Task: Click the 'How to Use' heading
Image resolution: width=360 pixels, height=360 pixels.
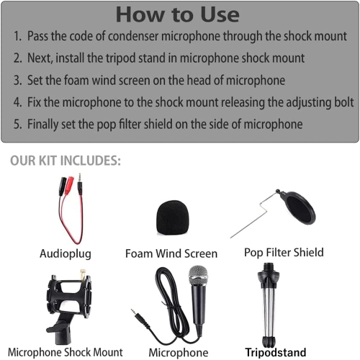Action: click(x=179, y=14)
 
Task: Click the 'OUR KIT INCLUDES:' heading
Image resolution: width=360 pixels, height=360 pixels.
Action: click(x=66, y=160)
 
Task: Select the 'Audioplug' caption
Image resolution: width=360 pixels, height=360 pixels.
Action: click(x=66, y=253)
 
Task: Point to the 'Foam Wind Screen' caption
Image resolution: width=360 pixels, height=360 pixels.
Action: click(x=171, y=253)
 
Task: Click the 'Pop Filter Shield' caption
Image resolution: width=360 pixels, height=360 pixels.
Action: click(x=284, y=252)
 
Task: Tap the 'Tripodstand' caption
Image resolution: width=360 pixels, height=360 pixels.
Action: click(x=275, y=352)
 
